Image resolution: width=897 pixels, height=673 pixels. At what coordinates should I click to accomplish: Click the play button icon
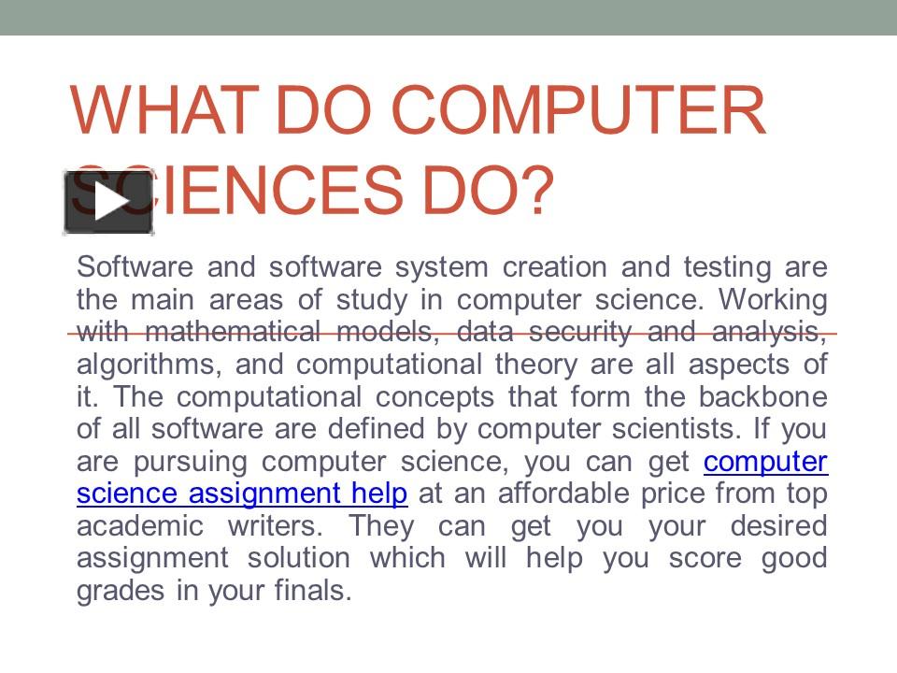[x=108, y=203]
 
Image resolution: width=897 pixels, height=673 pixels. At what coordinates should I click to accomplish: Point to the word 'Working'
[x=775, y=300]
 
